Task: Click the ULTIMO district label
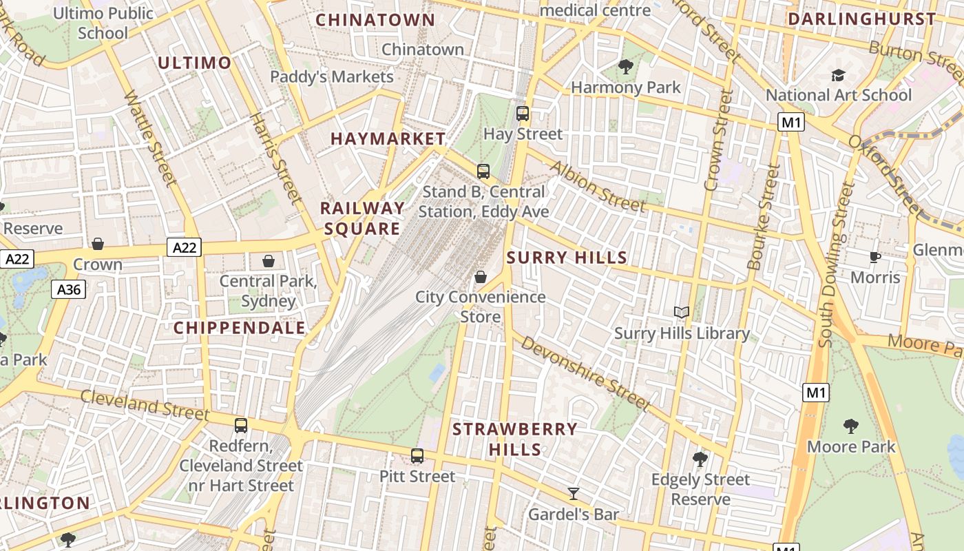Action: click(195, 63)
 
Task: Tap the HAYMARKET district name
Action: click(388, 138)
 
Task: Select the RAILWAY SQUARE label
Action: click(363, 218)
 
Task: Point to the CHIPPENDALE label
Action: click(240, 328)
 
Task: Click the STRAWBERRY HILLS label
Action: click(515, 439)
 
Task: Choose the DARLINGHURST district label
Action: click(861, 19)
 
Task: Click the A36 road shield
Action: click(69, 289)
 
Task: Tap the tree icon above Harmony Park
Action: click(625, 67)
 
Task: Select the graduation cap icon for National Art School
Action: click(838, 75)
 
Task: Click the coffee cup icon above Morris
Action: click(874, 258)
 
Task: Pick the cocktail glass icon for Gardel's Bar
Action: click(573, 493)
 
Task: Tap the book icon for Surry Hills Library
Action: click(681, 313)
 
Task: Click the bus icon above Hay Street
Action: click(523, 114)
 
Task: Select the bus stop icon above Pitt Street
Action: click(417, 455)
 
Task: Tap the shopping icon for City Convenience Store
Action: click(480, 277)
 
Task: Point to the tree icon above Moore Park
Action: click(851, 426)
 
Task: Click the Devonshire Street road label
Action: click(585, 373)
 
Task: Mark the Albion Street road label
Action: click(597, 187)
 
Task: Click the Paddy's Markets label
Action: click(332, 76)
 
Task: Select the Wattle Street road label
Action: click(150, 138)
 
